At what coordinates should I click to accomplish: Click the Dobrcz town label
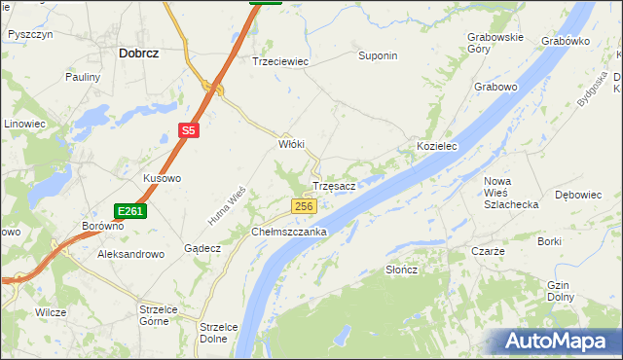(138, 54)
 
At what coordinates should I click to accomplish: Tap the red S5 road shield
(189, 129)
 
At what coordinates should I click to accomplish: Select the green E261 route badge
(129, 211)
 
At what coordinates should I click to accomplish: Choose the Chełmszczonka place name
(289, 233)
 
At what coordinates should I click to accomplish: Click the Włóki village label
(292, 144)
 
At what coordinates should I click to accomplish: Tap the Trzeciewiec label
(280, 61)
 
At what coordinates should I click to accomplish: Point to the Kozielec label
(437, 146)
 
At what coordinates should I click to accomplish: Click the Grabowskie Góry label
(495, 43)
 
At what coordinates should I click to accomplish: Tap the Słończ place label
(401, 270)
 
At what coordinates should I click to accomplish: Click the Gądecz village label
(202, 248)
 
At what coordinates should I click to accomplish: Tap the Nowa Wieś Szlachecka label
(511, 193)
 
